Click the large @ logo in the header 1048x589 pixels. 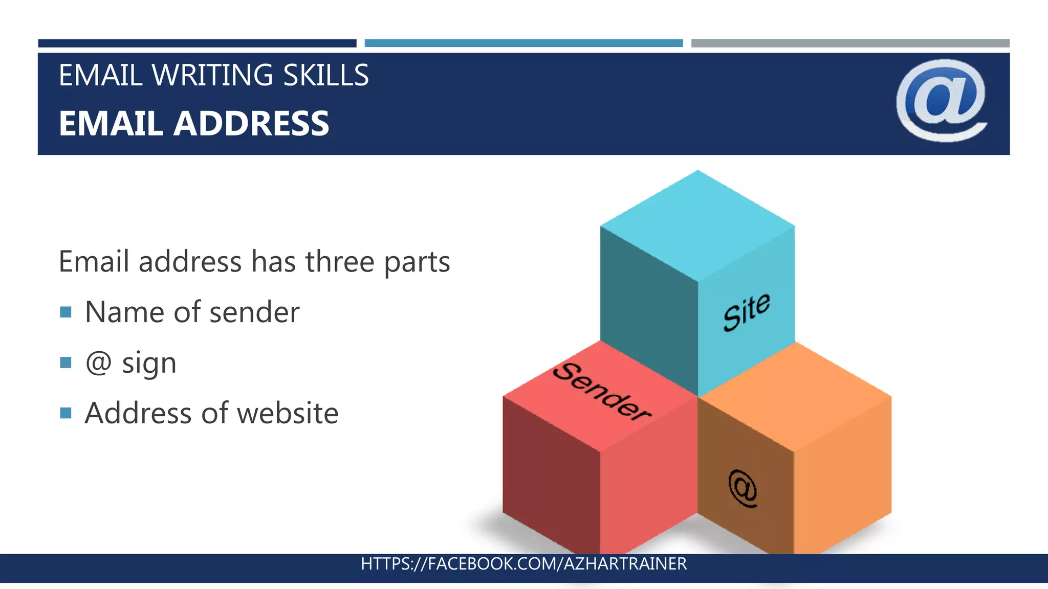coord(942,100)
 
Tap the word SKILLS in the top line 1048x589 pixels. coord(326,76)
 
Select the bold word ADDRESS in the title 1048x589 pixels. coord(251,124)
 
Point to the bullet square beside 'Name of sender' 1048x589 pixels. coord(65,312)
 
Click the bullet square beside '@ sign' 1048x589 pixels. coord(65,363)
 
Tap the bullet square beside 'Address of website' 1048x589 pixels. coord(65,413)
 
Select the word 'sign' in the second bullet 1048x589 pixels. coord(149,364)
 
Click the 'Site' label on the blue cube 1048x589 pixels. coord(746,312)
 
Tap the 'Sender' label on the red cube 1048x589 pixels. coord(602,391)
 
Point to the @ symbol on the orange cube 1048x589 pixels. coord(743,488)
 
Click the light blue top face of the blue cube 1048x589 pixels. coord(697,225)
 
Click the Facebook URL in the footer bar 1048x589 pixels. coord(523,563)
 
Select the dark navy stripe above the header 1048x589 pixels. coord(197,43)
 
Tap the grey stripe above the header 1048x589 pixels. coord(850,43)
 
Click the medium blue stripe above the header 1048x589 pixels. coord(523,43)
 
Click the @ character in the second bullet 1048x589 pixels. coord(98,363)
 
